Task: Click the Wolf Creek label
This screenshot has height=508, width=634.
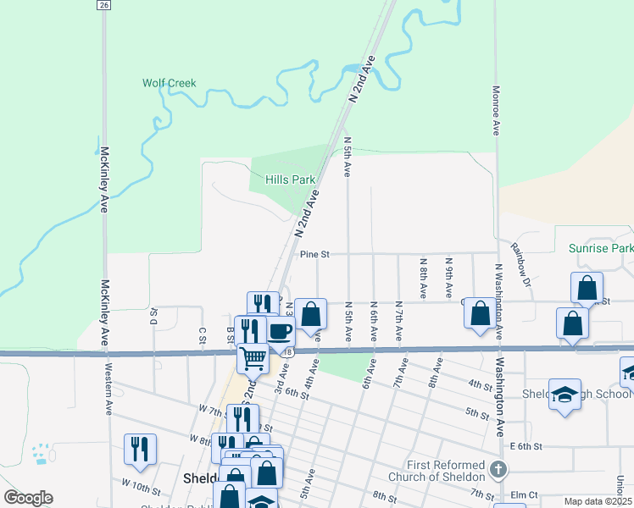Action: tap(169, 83)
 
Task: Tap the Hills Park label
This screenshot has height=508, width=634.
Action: tap(290, 180)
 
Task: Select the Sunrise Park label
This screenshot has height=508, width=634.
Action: tap(600, 249)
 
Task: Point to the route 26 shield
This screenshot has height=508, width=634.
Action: tap(103, 5)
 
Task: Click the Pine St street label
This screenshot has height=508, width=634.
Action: tap(314, 253)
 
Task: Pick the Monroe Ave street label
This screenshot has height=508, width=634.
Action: tap(496, 109)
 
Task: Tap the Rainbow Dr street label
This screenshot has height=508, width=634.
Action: tap(519, 264)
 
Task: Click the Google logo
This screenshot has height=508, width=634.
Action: tap(28, 498)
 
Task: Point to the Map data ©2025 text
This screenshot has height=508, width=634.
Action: tap(598, 501)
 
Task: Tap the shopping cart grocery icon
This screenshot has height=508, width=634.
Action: tap(253, 358)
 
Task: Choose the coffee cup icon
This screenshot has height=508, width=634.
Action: tap(281, 330)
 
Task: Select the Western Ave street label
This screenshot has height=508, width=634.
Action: tap(108, 397)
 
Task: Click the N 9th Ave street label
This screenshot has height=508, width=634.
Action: tap(448, 270)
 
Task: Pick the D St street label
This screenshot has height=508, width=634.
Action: tap(154, 317)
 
